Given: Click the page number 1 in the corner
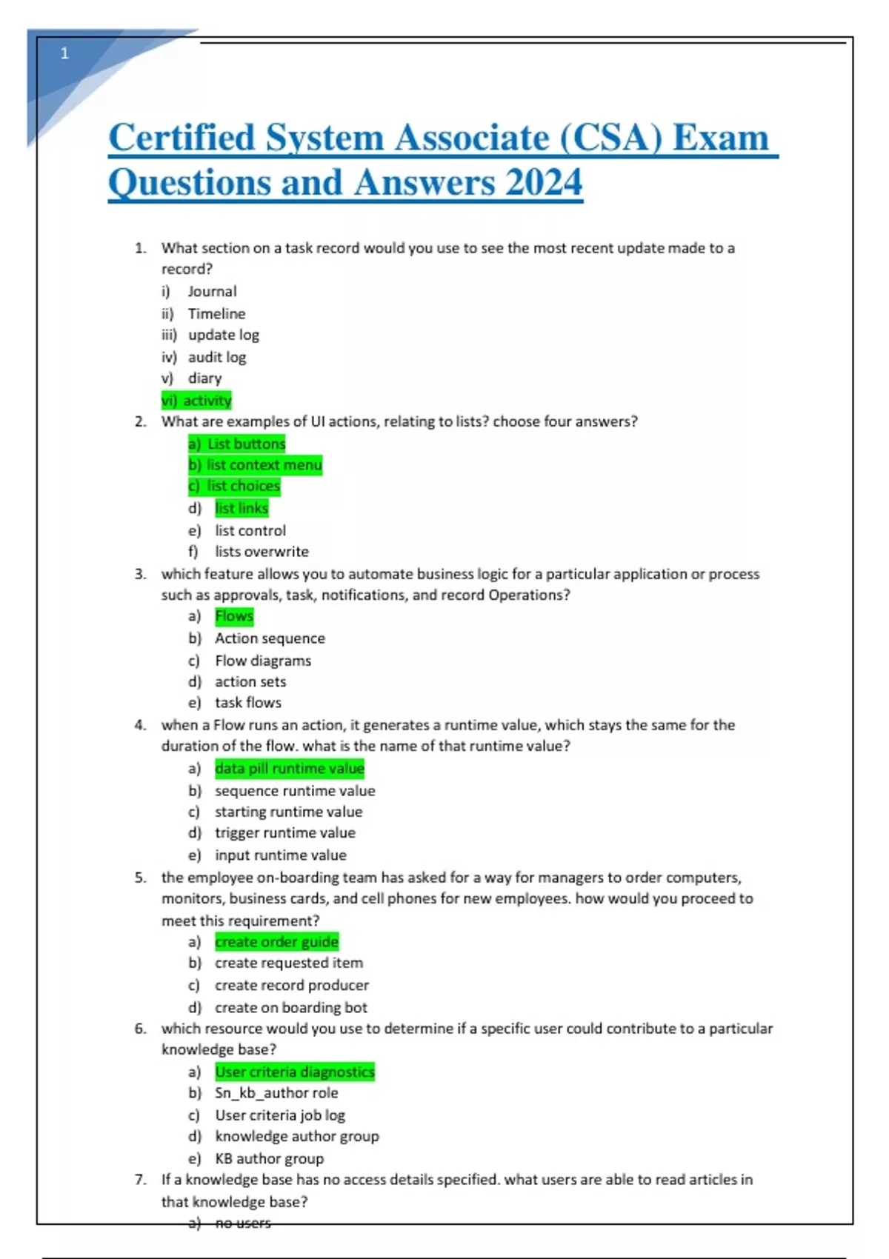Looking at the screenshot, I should (64, 53).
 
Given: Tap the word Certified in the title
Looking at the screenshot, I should (182, 138).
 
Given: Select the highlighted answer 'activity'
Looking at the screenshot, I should (197, 401).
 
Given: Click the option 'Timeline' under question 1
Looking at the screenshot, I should (216, 313).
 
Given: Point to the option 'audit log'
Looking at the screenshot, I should (216, 357).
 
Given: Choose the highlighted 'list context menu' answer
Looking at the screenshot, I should (256, 465).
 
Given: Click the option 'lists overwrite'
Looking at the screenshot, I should (262, 552).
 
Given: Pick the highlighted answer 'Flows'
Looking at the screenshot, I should (234, 616).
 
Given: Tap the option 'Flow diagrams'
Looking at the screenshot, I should (263, 661).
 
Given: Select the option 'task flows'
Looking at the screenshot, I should (248, 703).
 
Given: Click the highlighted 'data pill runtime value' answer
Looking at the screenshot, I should (290, 769).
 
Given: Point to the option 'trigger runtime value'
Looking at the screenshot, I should (285, 833).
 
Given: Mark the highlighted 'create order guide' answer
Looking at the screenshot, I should (276, 942).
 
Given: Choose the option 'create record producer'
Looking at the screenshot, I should (292, 986).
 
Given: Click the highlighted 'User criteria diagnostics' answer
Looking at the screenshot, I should (295, 1072).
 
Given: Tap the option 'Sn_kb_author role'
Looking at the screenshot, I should (276, 1093).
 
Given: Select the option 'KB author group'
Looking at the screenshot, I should (270, 1159).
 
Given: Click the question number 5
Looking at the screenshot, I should (140, 878).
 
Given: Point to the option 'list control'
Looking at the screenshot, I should (250, 531).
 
